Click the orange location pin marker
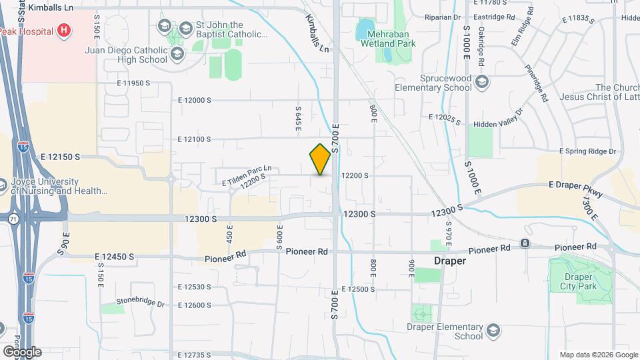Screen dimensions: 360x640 tap(321, 159)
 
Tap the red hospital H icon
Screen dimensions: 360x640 tap(64, 29)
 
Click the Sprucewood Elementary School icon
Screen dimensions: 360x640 tap(483, 82)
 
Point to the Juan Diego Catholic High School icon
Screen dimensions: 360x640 tap(177, 53)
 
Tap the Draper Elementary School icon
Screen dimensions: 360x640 tap(493, 331)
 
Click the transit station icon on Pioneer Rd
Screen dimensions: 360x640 tap(525, 243)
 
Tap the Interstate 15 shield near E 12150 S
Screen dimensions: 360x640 tap(23, 147)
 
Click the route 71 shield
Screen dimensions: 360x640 tap(13, 218)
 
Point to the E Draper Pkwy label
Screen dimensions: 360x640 tap(575, 189)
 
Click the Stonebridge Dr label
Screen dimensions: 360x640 tap(140, 303)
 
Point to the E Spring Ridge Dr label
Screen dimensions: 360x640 tap(588, 151)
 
